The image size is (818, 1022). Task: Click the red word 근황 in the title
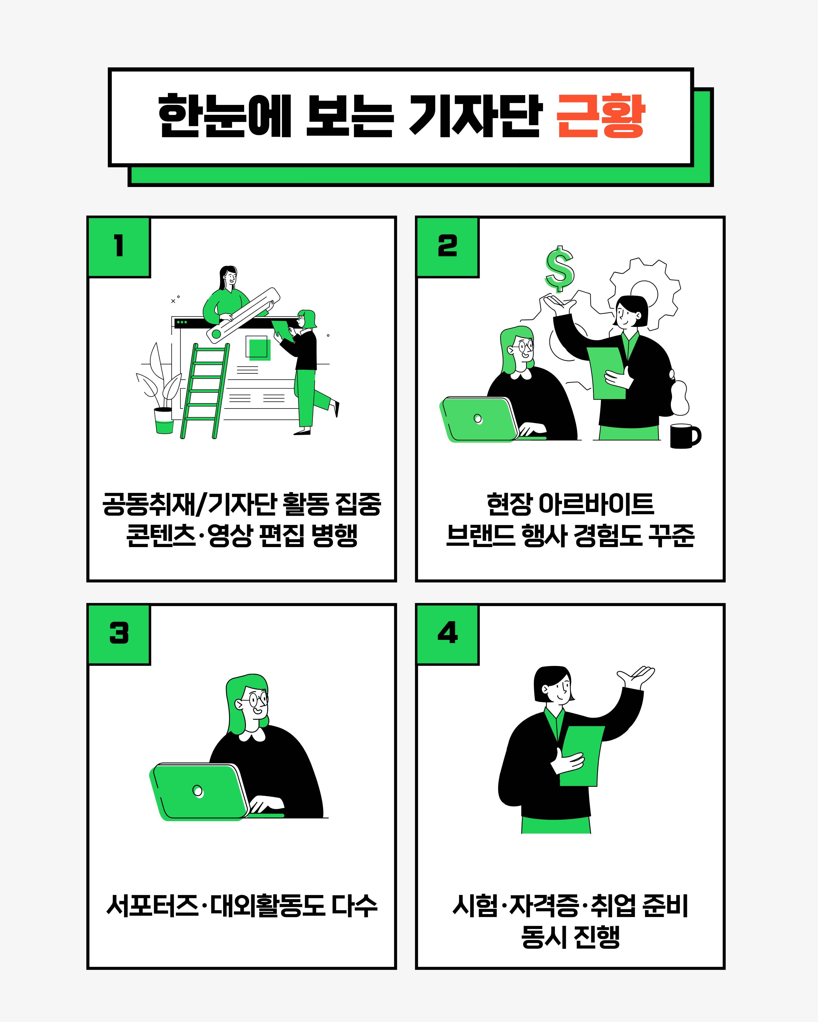click(x=600, y=116)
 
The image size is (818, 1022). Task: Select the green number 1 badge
click(x=119, y=247)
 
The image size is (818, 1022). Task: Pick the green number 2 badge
click(x=448, y=247)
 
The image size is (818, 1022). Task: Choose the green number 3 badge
click(x=119, y=634)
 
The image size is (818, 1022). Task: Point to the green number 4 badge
click(x=448, y=634)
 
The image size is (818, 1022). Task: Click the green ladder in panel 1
click(x=205, y=391)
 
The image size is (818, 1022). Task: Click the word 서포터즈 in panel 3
click(x=152, y=906)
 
